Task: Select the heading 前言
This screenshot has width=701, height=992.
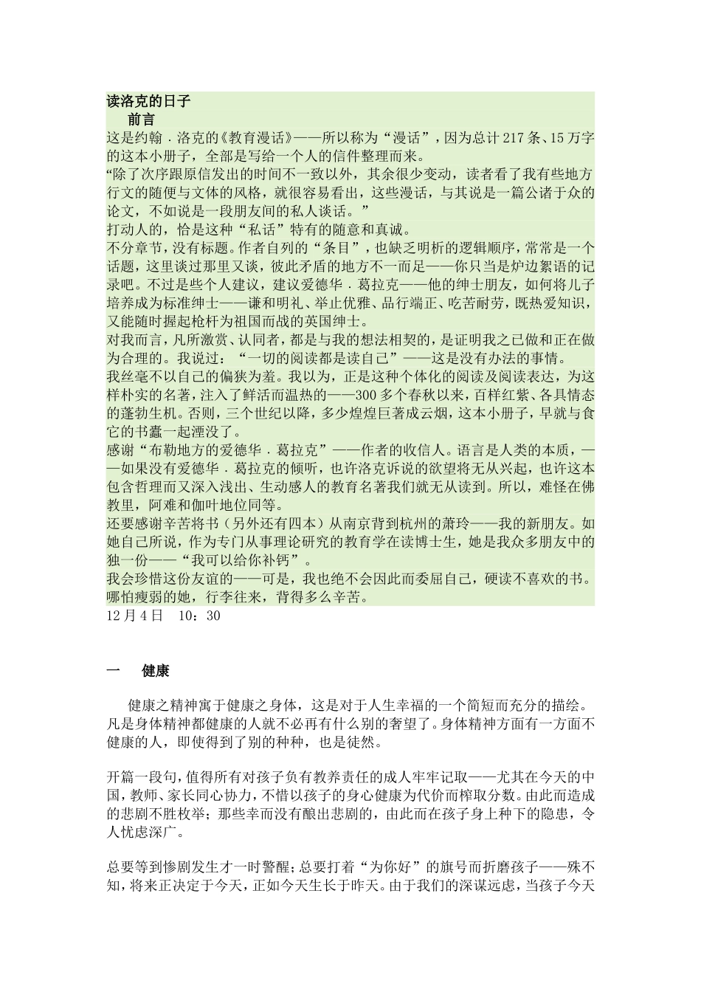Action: click(141, 118)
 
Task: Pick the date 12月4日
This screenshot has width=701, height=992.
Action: click(134, 614)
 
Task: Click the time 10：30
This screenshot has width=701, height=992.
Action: click(199, 614)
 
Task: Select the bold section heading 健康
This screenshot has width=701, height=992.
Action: click(156, 671)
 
